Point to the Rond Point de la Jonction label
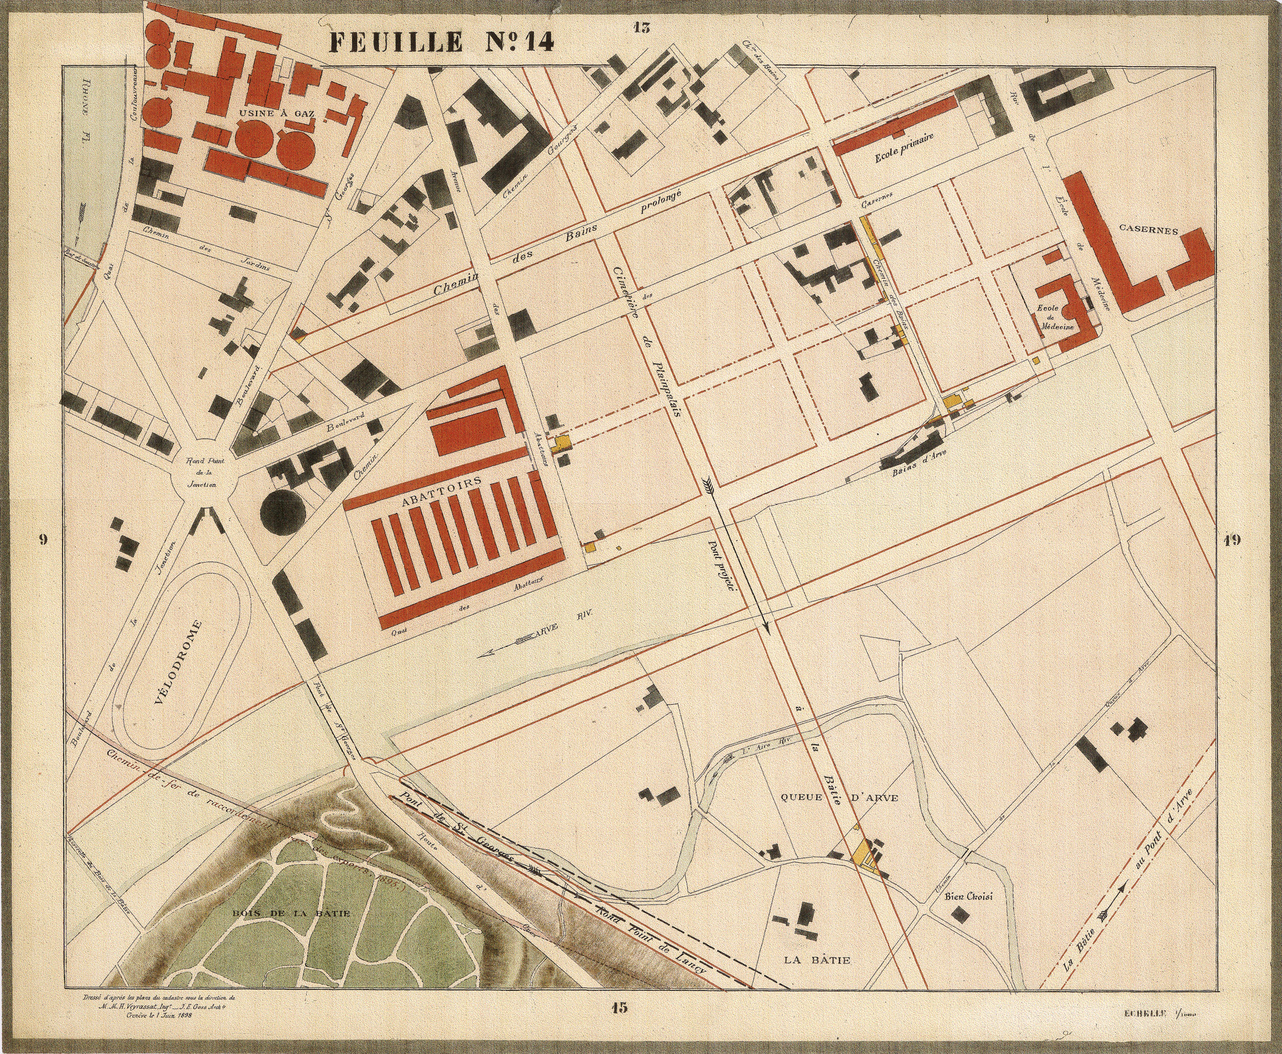202,473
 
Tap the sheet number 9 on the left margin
42,540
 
